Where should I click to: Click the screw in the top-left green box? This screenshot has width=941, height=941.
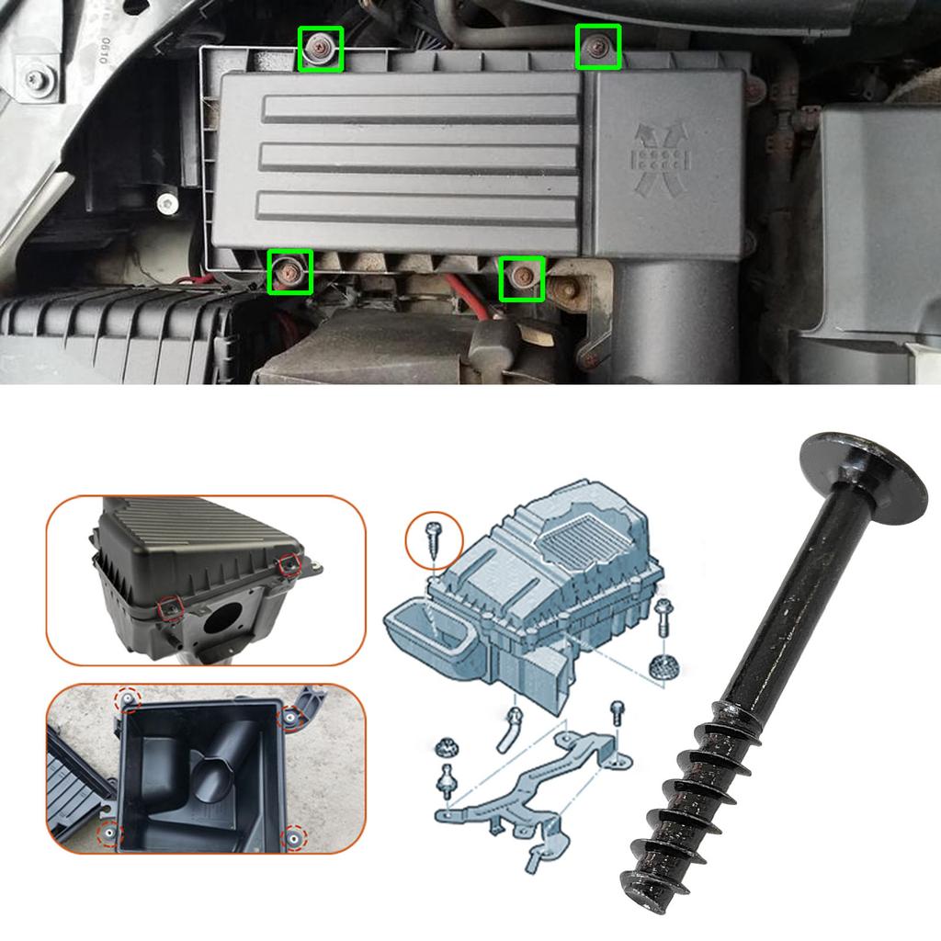(x=321, y=49)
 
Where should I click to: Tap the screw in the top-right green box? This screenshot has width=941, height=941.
(x=598, y=46)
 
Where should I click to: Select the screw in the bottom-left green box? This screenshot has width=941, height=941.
(x=289, y=272)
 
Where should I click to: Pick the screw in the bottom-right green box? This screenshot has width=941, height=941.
(x=522, y=278)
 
